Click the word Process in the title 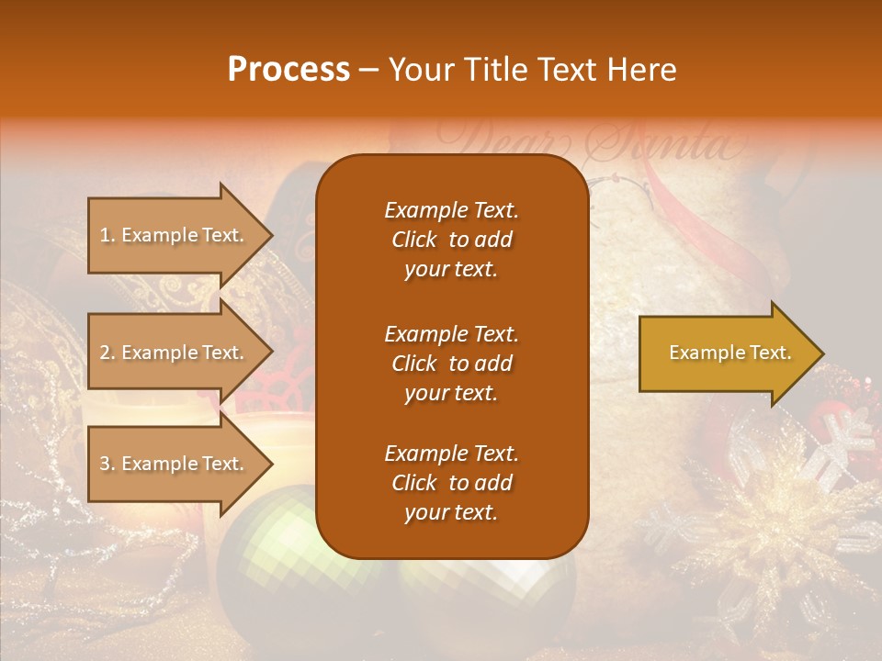pos(288,70)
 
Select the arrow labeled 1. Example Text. pos(175,235)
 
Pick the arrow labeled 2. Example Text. pos(175,353)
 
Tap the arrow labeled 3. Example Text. pos(175,464)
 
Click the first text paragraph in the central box pos(451,240)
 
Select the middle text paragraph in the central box pos(451,364)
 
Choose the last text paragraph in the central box pos(451,483)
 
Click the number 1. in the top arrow pos(107,235)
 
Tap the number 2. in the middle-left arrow pos(107,353)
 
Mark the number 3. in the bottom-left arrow pos(107,464)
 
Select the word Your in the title pos(421,70)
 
